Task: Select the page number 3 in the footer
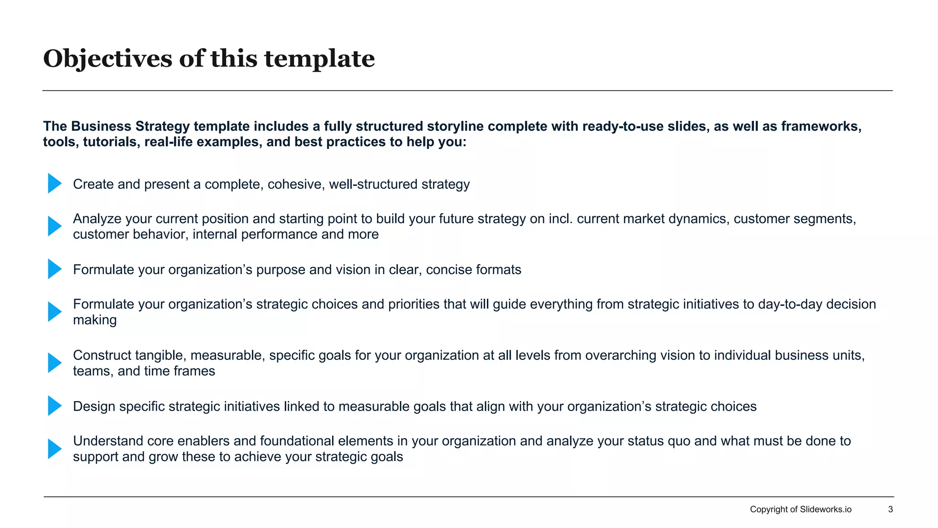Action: click(890, 509)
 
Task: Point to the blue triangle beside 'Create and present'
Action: click(55, 183)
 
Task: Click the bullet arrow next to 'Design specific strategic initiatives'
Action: click(55, 406)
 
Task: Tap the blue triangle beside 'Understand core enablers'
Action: click(55, 449)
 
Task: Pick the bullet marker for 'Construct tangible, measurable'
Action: click(55, 363)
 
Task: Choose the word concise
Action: click(449, 269)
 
